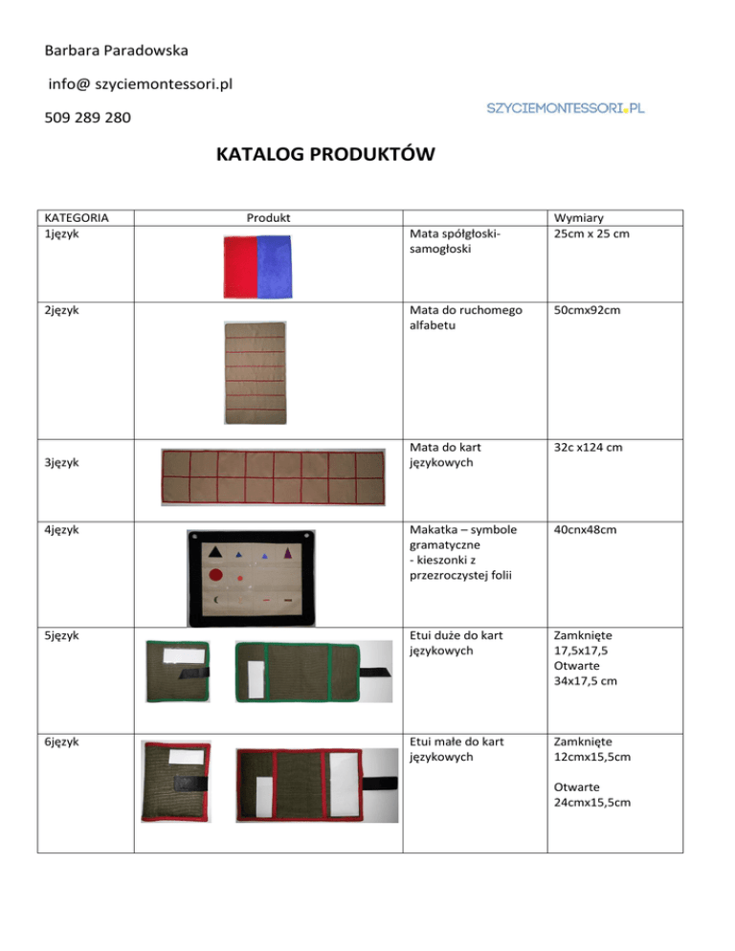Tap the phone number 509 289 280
pyautogui.click(x=89, y=120)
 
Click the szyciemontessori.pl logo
pyautogui.click(x=566, y=109)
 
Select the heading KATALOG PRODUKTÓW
pyautogui.click(x=325, y=154)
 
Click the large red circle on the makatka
pyautogui.click(x=216, y=576)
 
